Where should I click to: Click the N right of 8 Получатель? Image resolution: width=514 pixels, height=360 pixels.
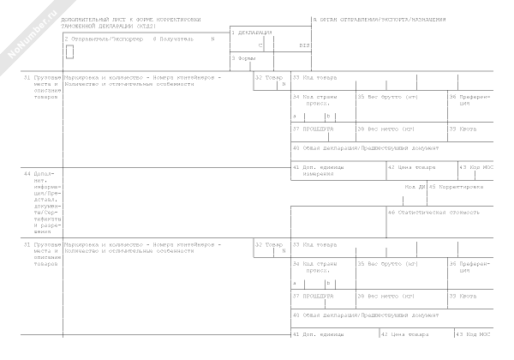212,39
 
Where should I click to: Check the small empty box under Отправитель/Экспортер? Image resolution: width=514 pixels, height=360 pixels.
69,51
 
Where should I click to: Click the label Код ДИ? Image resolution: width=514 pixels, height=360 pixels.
415,186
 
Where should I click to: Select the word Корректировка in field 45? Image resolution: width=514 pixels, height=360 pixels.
460,186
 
